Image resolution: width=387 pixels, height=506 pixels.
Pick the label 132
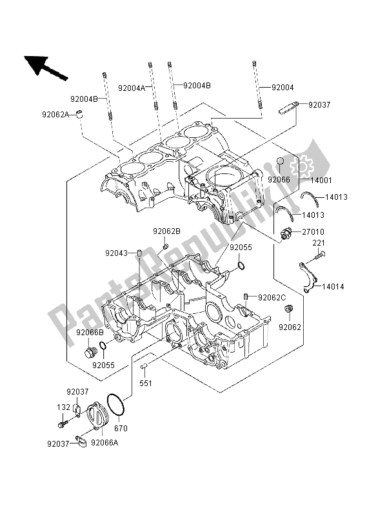63,407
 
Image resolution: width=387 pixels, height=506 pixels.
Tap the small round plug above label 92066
281,161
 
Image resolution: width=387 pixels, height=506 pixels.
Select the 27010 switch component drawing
287,233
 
